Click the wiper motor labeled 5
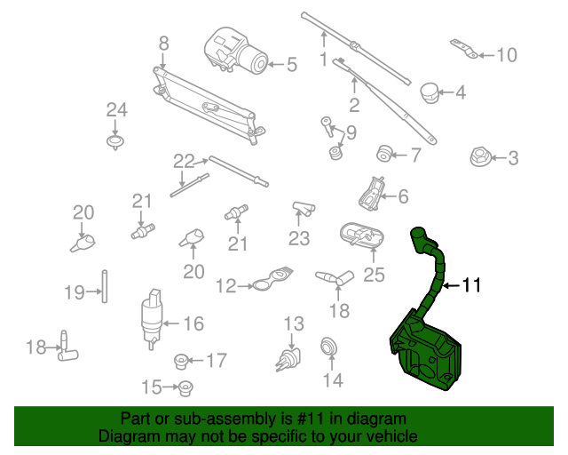click(235, 51)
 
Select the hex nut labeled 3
click(480, 157)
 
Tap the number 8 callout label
click(163, 44)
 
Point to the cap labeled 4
click(430, 93)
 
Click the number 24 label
click(116, 109)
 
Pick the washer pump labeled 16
click(152, 319)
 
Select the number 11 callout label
click(471, 285)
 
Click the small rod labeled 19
click(105, 286)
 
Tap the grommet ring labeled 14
click(329, 347)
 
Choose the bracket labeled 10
click(464, 49)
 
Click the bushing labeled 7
click(384, 154)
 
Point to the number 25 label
click(374, 275)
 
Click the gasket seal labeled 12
click(272, 279)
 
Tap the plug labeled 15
click(185, 388)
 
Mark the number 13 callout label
click(294, 323)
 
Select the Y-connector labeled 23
click(304, 209)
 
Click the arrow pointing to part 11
click(452, 286)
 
